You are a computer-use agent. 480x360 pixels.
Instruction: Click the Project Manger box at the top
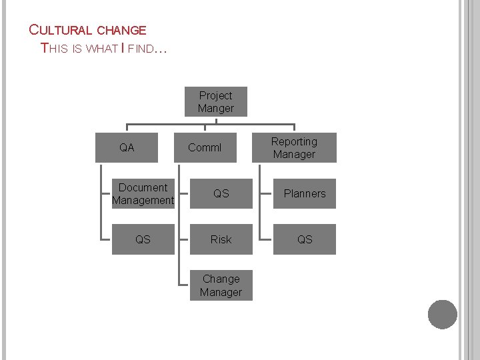click(216, 102)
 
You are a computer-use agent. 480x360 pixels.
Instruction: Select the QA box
click(127, 147)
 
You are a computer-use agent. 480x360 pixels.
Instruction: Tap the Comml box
click(205, 147)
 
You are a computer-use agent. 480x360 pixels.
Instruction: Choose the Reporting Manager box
click(294, 147)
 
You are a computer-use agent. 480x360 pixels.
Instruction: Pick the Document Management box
click(143, 193)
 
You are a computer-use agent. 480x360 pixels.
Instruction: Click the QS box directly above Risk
click(221, 193)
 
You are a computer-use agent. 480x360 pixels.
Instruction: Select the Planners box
click(305, 193)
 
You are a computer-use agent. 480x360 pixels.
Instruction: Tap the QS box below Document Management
click(143, 239)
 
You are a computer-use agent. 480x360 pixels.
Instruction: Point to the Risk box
click(221, 239)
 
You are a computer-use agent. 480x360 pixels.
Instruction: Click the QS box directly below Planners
click(305, 239)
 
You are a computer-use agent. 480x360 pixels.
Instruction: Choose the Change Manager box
click(221, 285)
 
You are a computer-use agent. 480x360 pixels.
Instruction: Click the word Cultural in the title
click(61, 30)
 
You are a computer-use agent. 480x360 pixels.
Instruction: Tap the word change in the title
click(121, 30)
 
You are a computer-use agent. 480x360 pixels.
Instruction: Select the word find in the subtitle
click(140, 48)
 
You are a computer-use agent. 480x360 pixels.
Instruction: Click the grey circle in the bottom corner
click(443, 315)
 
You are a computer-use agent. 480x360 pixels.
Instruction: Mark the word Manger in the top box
click(216, 109)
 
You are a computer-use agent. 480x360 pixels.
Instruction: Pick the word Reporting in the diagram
click(294, 141)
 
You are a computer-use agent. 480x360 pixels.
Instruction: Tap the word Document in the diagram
click(143, 187)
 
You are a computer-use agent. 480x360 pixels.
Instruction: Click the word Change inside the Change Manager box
click(221, 279)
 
